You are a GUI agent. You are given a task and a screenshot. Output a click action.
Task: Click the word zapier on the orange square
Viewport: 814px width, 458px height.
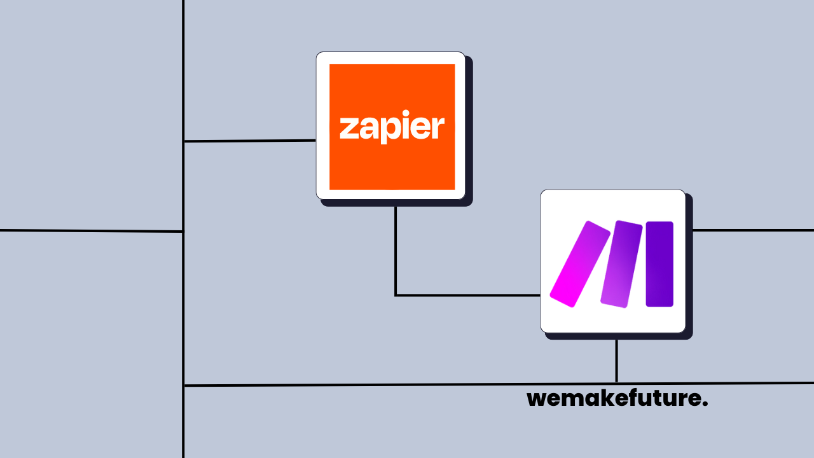(x=392, y=128)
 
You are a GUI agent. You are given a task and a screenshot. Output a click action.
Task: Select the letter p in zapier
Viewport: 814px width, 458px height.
(x=389, y=130)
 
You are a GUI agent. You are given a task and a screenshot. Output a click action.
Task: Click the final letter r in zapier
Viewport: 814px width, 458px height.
(x=438, y=128)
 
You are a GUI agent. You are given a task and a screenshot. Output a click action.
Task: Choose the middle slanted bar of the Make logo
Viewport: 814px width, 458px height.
(x=621, y=264)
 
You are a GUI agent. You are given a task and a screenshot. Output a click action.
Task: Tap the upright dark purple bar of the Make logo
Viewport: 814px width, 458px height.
(x=659, y=264)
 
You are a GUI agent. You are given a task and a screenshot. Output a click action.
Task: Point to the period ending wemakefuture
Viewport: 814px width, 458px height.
(x=705, y=405)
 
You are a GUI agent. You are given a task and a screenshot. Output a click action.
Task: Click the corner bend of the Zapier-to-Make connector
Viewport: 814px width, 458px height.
(x=396, y=295)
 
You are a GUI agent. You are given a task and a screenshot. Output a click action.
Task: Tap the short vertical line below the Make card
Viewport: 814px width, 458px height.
(x=616, y=361)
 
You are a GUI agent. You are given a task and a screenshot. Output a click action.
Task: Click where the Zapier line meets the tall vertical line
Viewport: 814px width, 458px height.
(x=184, y=141)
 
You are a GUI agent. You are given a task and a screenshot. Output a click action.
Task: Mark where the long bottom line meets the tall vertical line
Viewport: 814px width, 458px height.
(x=184, y=385)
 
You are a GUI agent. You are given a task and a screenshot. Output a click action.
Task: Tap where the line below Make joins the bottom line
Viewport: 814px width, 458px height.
(x=616, y=384)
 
